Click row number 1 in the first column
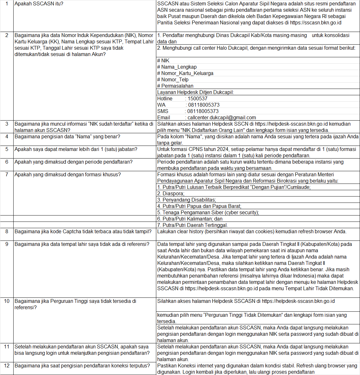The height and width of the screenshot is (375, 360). click(7, 4)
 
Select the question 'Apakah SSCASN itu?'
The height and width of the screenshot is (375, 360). click(39, 4)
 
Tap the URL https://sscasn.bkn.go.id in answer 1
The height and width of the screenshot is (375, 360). click(315, 23)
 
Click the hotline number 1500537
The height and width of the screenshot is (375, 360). click(197, 99)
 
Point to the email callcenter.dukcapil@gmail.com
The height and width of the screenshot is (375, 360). click(222, 118)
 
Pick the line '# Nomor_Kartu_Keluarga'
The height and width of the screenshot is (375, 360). click(185, 73)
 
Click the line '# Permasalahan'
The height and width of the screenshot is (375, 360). click(175, 86)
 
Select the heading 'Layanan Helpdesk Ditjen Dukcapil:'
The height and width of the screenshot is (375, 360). click(196, 92)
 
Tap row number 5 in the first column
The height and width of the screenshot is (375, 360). click(7, 149)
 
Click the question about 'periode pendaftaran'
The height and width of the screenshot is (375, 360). click(73, 162)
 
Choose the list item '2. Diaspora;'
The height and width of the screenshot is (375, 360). click(171, 194)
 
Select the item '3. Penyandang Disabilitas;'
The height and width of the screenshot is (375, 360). click(187, 200)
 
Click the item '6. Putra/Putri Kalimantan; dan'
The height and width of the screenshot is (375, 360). click(190, 219)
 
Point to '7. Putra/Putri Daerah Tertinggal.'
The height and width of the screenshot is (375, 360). click(192, 225)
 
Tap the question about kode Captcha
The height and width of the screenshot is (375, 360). click(83, 232)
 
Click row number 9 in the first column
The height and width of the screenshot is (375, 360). click(7, 244)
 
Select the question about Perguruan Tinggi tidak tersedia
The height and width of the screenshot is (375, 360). click(75, 304)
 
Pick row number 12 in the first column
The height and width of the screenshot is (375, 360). click(7, 366)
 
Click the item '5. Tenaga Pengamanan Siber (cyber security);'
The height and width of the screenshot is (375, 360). click(208, 213)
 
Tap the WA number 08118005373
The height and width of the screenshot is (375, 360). click(204, 105)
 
